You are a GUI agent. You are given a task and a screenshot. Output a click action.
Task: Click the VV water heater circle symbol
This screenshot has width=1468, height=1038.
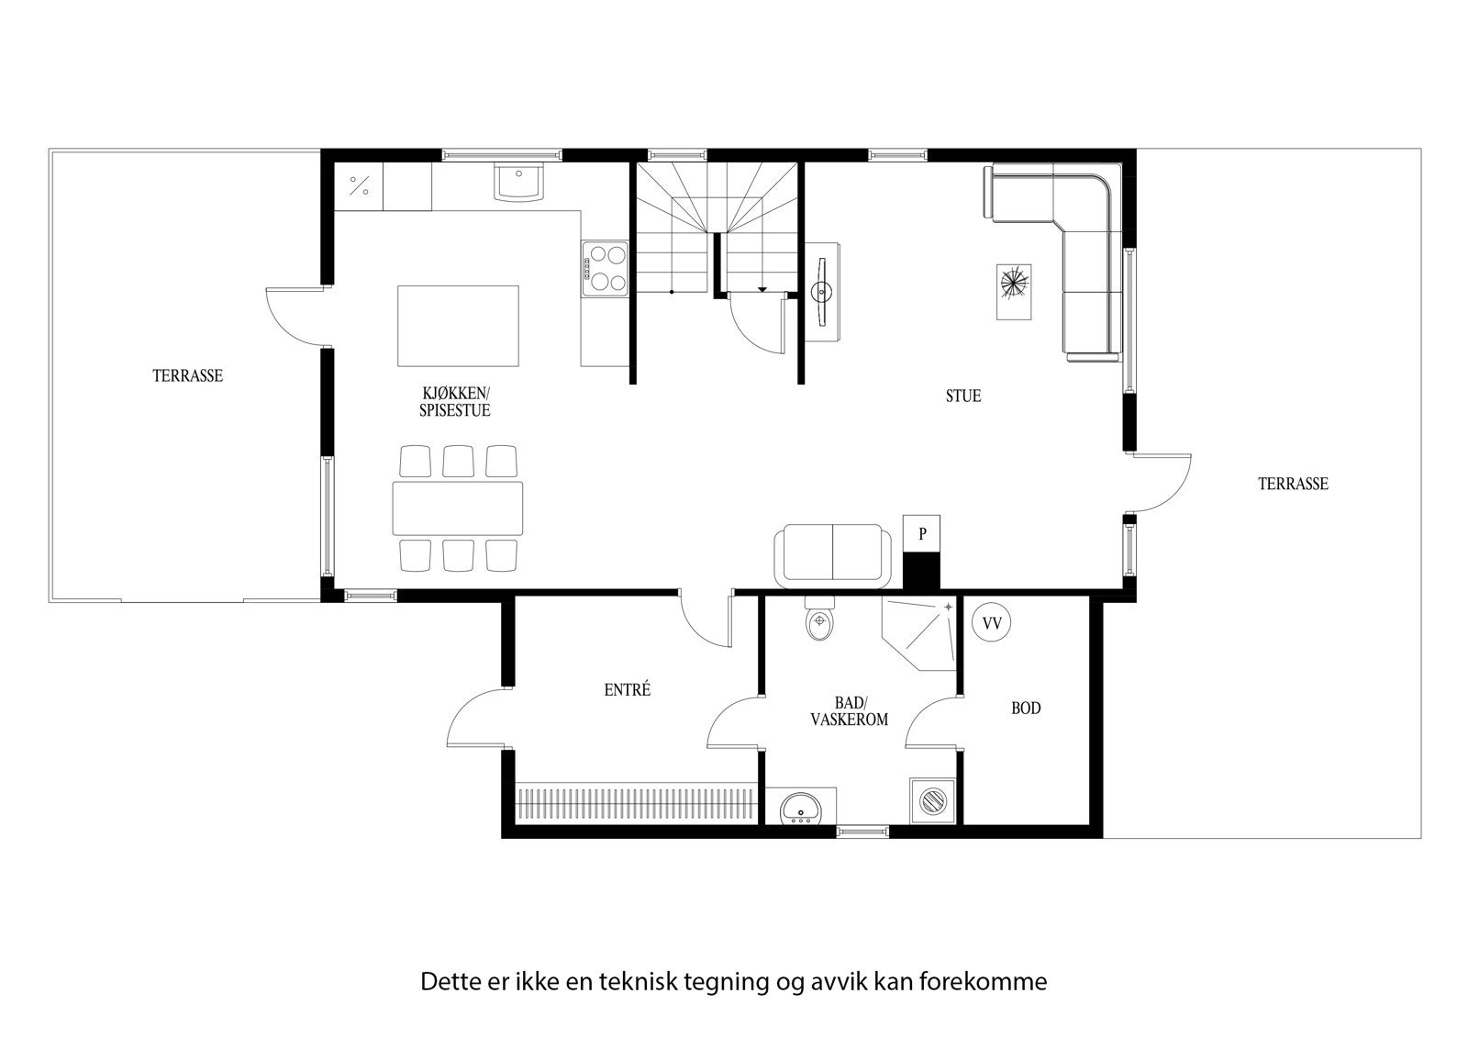991,622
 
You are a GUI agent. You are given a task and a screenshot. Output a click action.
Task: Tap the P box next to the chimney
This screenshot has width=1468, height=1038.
923,532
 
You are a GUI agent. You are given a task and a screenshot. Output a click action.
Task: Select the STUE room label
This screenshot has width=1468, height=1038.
963,396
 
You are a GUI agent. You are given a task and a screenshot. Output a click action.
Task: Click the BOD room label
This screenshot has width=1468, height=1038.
1026,709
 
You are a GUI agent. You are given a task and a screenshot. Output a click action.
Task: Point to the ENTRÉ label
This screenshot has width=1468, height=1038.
628,689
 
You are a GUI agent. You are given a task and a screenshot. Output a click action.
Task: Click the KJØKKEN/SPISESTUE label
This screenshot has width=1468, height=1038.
455,402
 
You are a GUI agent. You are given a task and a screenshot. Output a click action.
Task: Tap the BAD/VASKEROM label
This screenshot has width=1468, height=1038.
849,711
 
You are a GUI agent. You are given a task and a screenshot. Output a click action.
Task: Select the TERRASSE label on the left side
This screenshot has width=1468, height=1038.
187,375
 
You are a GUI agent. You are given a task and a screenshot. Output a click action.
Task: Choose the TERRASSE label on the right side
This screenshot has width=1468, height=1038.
1293,484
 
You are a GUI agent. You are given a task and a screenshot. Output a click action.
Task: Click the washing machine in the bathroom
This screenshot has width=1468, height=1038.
933,800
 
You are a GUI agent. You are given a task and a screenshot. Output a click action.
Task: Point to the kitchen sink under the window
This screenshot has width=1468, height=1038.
518,181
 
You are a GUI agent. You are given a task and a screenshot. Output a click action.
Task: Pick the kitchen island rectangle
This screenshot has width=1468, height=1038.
458,325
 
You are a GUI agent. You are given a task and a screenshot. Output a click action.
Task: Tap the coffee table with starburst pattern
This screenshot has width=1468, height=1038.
1014,291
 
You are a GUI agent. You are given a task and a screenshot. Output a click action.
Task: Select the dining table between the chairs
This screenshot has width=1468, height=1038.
458,508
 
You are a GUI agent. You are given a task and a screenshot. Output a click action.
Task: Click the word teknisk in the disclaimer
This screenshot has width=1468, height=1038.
638,981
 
